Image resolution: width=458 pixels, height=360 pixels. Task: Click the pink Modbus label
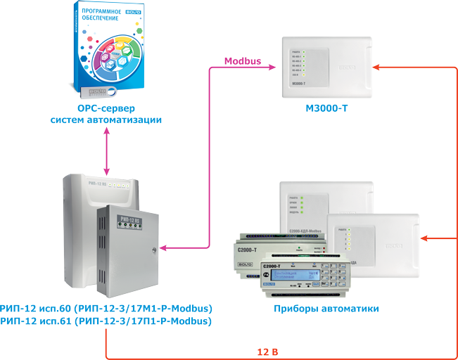[x=243, y=61]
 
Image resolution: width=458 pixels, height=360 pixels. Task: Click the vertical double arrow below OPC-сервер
[x=106, y=150]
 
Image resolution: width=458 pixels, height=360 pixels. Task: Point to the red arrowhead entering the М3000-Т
[x=377, y=67]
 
